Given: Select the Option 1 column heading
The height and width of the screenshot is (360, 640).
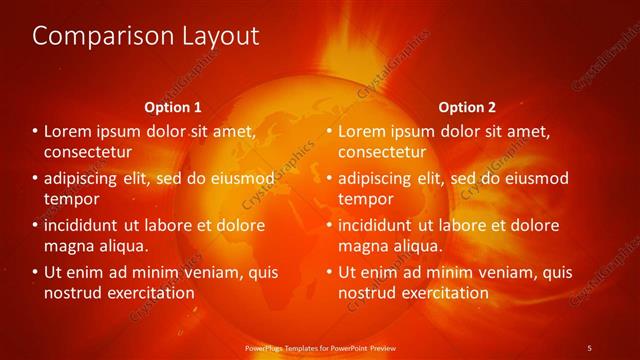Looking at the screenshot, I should [x=173, y=107].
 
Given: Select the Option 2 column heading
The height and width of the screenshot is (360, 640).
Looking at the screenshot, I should [x=467, y=107].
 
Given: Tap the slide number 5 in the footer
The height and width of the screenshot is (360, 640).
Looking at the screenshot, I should [x=589, y=347].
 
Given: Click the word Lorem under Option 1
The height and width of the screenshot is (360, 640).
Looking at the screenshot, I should [x=68, y=131].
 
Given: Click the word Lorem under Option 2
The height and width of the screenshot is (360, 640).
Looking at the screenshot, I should [x=362, y=131].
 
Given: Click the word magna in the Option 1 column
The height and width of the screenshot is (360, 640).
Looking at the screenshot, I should [x=68, y=245].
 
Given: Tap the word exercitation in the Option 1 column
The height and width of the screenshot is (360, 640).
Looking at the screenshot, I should [x=148, y=292].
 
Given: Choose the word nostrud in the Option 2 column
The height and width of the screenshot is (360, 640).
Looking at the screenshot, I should [x=366, y=292].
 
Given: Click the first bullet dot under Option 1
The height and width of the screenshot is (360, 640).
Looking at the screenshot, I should [x=35, y=132].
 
